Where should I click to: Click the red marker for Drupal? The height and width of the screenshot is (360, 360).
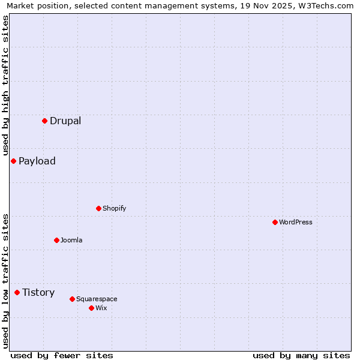44,121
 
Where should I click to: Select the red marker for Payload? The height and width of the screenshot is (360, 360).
13,161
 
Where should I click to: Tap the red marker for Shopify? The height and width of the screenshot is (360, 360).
98,208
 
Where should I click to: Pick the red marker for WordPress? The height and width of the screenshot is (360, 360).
275,222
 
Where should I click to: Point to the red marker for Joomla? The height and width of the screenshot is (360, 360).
56,240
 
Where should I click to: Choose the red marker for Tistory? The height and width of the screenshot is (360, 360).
17,292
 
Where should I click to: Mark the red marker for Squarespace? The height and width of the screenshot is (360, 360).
72,299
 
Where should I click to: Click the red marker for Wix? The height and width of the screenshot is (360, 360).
91,308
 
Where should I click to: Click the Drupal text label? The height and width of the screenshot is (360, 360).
65,121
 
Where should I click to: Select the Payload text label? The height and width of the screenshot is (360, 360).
37,161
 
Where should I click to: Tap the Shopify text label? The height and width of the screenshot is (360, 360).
114,208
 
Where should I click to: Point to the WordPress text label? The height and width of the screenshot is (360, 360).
296,222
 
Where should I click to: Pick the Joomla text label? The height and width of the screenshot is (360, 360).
71,240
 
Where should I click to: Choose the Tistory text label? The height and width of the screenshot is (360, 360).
38,292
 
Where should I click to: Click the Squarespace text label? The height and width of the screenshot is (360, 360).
97,299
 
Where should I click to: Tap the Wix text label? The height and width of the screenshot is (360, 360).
101,308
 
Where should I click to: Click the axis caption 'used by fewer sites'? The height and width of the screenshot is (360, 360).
62,355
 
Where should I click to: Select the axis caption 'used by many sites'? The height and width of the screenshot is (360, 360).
301,355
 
